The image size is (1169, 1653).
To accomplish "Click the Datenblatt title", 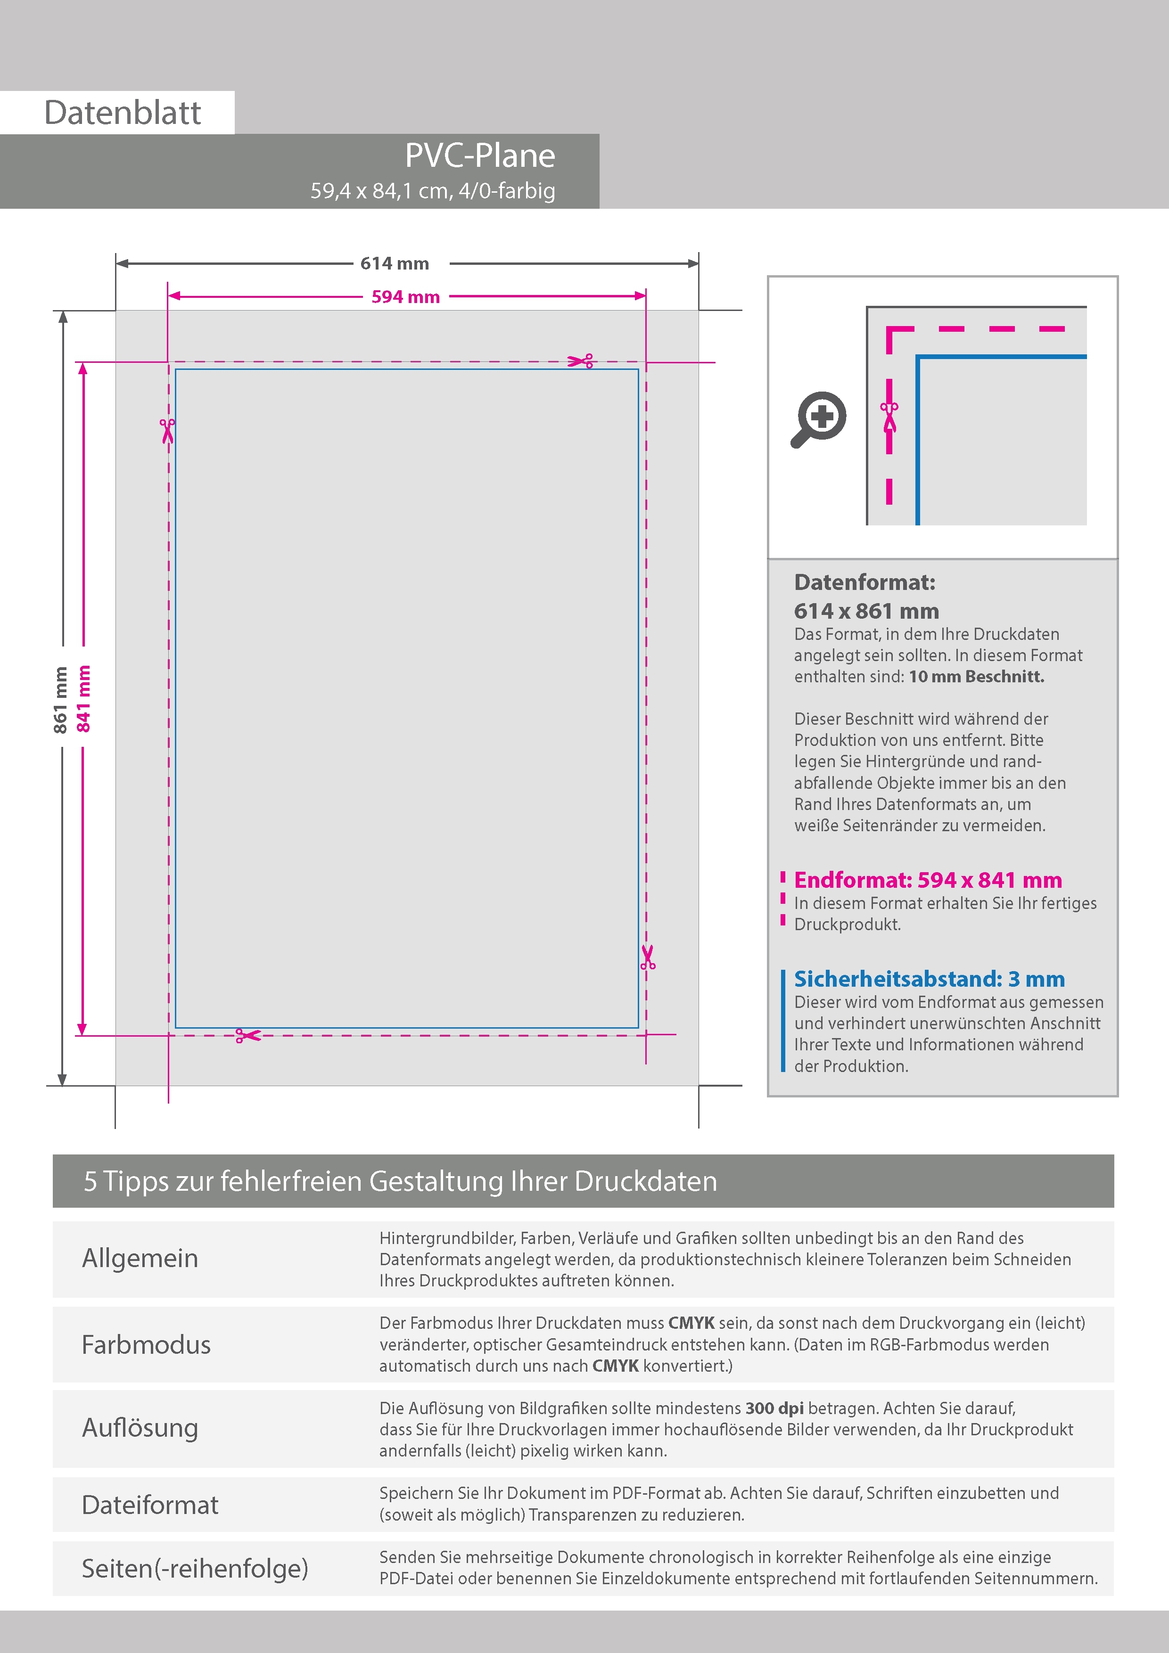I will coord(123,113).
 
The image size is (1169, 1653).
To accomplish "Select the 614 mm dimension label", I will coord(395,263).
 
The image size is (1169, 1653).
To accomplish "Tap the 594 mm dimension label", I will coord(405,296).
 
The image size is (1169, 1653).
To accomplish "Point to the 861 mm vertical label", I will coord(60,700).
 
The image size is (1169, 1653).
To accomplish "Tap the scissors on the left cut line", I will coord(168,431).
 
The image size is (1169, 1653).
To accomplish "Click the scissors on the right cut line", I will coord(648,957).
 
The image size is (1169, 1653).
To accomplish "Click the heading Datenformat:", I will coord(864,582).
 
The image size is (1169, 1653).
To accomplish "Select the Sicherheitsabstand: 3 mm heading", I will coord(929,979).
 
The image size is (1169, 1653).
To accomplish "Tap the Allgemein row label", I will coord(140,1259).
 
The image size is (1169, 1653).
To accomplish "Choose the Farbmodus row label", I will coord(146,1345).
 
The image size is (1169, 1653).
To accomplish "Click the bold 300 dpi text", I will coord(774,1408).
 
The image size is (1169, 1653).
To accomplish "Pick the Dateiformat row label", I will coord(150,1505).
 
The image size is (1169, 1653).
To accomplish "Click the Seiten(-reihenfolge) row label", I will coord(195,1568).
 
